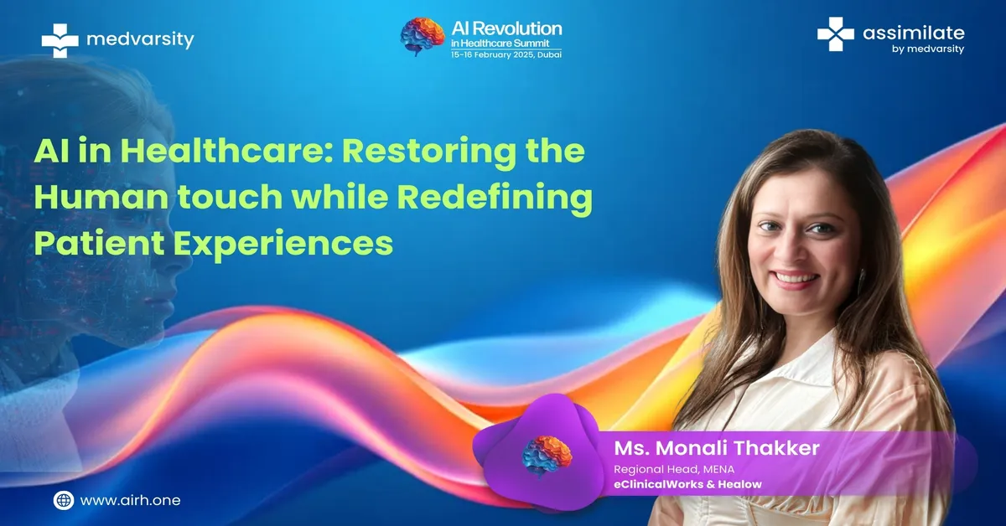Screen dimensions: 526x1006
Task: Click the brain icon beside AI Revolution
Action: coord(423,36)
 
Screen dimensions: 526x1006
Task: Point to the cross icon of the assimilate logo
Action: coord(835,34)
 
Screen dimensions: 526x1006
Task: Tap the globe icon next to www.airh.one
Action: coord(64,500)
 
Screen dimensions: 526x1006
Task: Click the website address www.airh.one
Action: coord(131,500)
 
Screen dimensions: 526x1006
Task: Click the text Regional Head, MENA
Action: coord(673,469)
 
